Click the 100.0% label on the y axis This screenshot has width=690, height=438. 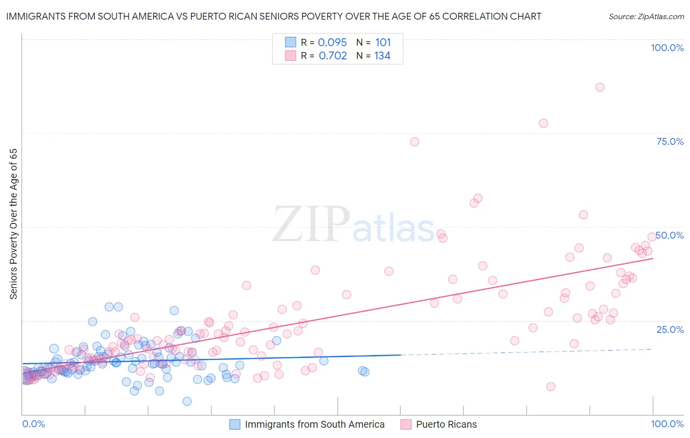tap(667, 48)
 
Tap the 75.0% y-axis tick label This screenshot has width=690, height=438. tap(670, 141)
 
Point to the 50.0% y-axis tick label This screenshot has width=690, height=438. tap(670, 235)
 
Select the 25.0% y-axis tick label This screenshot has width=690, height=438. tap(670, 329)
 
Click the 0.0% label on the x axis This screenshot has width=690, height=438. tap(33, 424)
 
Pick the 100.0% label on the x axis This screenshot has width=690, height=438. tap(667, 424)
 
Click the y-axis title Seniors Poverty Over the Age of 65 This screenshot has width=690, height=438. tap(13, 224)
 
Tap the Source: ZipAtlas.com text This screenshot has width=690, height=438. tap(646, 17)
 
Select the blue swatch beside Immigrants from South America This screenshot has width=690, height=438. tap(235, 424)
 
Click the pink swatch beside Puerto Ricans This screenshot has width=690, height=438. tap(406, 424)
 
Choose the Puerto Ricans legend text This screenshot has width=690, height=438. tap(446, 424)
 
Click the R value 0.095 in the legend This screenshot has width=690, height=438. tap(332, 43)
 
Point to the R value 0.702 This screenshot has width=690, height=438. tap(333, 56)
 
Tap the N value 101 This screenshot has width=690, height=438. tap(383, 43)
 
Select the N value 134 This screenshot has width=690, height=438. tap(382, 56)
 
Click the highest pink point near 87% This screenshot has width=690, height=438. tap(600, 87)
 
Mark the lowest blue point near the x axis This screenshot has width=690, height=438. tap(187, 401)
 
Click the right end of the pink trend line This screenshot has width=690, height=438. tap(653, 258)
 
